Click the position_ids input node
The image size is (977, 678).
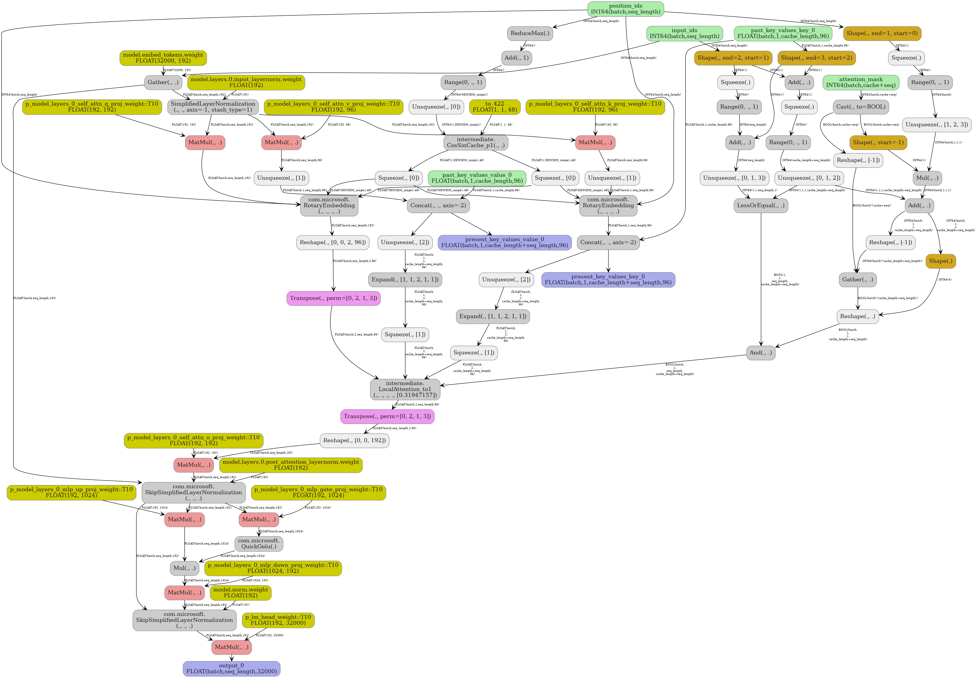click(625, 9)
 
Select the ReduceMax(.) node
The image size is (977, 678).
click(530, 33)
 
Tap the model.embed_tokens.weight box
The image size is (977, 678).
click(163, 58)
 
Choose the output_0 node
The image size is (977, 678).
click(232, 669)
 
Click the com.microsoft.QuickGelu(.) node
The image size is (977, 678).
click(259, 544)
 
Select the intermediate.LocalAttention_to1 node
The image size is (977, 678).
click(405, 389)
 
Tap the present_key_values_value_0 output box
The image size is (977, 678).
click(504, 243)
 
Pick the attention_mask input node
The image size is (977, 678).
click(860, 82)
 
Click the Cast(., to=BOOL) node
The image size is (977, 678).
click(860, 107)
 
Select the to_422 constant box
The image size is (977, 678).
click(495, 107)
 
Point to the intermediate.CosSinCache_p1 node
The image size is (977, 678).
click(476, 142)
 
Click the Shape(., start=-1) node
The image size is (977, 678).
click(878, 142)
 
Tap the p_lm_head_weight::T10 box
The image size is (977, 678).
click(278, 620)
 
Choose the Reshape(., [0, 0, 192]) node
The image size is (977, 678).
click(354, 441)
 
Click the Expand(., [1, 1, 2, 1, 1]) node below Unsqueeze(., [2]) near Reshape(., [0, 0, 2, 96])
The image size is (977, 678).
click(405, 280)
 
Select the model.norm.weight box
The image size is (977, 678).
click(240, 593)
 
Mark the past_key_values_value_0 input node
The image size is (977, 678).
click(476, 178)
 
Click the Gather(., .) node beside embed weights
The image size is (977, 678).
click(163, 82)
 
